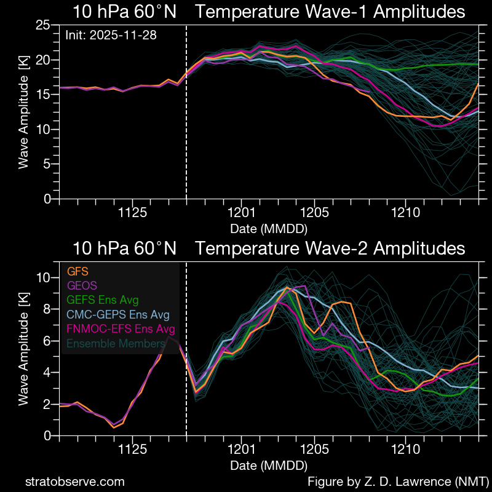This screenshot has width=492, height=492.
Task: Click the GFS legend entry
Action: coord(78,271)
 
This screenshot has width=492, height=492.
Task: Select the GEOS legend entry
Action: coord(82,285)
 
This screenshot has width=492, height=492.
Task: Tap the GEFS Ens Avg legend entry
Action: coord(103,300)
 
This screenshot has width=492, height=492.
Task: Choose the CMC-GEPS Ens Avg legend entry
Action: coord(118,315)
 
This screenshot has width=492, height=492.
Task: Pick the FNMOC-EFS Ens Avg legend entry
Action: coord(121,329)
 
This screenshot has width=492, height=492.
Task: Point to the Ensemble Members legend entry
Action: coord(116,344)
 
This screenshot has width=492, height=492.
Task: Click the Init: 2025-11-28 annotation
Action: coord(111,35)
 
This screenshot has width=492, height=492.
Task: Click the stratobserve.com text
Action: coord(74,482)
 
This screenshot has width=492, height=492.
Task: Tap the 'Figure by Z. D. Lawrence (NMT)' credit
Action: coord(397,482)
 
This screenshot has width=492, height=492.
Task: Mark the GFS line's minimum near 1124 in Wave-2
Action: coord(114,427)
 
